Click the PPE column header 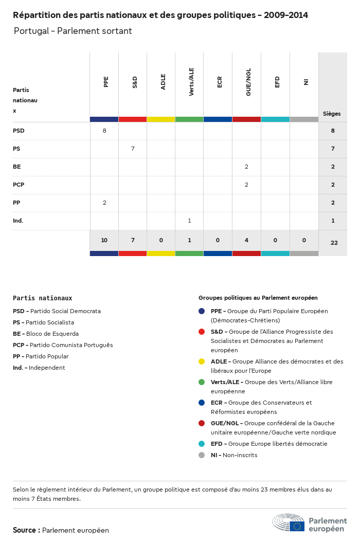(106, 82)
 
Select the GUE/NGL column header (248, 84)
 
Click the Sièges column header (332, 114)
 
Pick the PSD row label (19, 131)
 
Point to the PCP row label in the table (19, 185)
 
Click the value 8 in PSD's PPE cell (104, 131)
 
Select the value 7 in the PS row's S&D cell (133, 149)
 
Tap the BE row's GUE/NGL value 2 (246, 167)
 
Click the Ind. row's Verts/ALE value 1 (189, 221)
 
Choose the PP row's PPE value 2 (104, 203)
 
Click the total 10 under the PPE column (104, 241)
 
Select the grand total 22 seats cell (334, 242)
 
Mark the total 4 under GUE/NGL (246, 241)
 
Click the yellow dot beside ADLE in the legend (202, 361)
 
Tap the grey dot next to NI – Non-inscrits (202, 455)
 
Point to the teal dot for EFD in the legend (202, 444)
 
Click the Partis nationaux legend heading (42, 298)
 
